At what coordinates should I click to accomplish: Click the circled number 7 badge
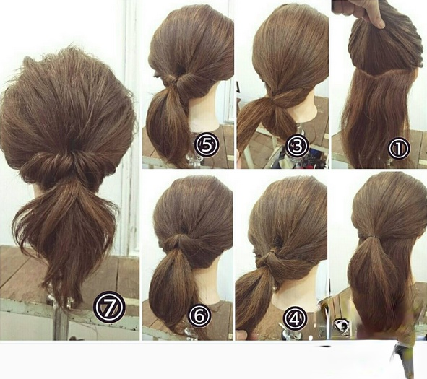click(x=109, y=307)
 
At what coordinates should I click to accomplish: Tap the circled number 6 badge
click(x=200, y=315)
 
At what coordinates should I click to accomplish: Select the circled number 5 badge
click(x=207, y=145)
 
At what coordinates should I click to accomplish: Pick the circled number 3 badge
click(x=298, y=147)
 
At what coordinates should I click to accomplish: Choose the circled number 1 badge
click(x=399, y=148)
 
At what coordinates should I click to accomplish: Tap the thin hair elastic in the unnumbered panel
click(x=375, y=235)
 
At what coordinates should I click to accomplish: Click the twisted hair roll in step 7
click(x=68, y=166)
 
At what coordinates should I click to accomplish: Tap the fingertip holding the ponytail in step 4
click(x=242, y=335)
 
